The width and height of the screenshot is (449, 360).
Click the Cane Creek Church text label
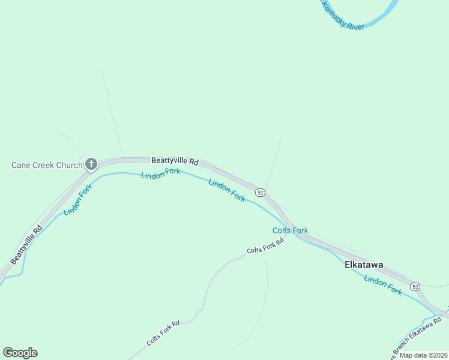coord(47,165)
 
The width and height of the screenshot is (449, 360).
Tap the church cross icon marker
coord(91,164)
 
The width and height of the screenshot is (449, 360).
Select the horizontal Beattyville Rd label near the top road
coord(174,161)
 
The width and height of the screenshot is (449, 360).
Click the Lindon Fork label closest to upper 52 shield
coord(226,190)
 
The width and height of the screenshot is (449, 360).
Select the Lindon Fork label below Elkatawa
coord(382,285)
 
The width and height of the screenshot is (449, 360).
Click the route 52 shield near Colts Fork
coord(260,192)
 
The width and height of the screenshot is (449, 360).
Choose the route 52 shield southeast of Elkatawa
coord(415,287)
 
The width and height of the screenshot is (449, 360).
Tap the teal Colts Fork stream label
coord(290,230)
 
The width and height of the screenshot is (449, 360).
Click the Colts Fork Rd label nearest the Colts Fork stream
coord(264,245)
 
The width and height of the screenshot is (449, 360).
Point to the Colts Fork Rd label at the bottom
coord(163,334)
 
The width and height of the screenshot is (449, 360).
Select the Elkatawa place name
coord(363,265)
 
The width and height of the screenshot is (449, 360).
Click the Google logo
coord(20,353)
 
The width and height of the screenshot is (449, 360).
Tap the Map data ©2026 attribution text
coord(423,355)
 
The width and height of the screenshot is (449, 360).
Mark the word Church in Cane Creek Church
coord(68,165)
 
